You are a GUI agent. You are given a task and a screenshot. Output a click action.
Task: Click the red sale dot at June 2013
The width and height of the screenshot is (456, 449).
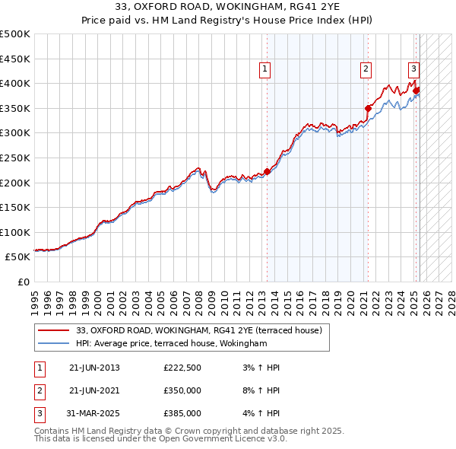267,171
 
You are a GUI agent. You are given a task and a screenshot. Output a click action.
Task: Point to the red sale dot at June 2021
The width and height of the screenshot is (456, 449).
368,108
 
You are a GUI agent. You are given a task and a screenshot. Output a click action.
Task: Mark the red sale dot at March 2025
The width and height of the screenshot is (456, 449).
416,91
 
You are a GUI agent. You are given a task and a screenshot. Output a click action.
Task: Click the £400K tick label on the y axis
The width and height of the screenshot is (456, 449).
15,83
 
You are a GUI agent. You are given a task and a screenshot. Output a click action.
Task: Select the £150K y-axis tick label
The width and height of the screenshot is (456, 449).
15,207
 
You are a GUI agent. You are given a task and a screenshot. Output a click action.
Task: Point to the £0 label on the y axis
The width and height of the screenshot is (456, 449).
23,282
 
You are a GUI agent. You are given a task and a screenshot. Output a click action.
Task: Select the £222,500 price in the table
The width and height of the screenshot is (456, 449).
182,368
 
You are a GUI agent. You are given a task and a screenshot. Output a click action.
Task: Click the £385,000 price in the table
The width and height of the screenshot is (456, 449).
182,413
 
